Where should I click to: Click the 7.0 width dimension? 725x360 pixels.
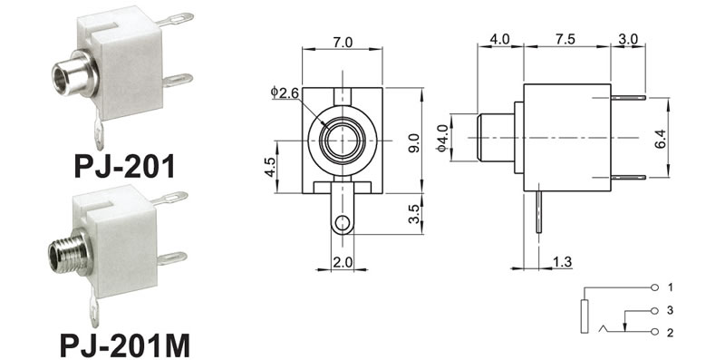[x=343, y=42]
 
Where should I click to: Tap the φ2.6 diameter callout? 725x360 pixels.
[x=285, y=92]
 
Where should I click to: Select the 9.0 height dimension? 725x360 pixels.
[x=415, y=142]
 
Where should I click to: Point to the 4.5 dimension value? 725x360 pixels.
[x=270, y=167]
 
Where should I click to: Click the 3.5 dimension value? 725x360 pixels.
[x=415, y=214]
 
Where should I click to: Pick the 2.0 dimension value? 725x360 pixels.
[x=343, y=262]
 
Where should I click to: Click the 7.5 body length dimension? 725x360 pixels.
[x=565, y=39]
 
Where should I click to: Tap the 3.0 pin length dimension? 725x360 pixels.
[x=627, y=39]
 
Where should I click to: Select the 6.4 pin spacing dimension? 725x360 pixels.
[x=661, y=139]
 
